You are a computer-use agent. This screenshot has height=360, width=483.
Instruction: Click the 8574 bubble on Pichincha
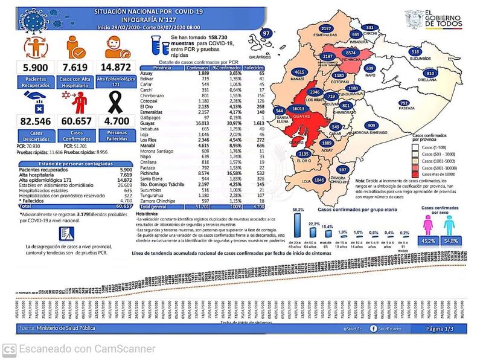coord(355,53)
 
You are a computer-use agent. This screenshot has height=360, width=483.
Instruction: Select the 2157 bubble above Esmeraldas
coord(327,29)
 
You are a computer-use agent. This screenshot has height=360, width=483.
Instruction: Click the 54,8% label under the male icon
coord(451,241)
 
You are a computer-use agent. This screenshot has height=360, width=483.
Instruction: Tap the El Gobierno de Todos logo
coord(434,19)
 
